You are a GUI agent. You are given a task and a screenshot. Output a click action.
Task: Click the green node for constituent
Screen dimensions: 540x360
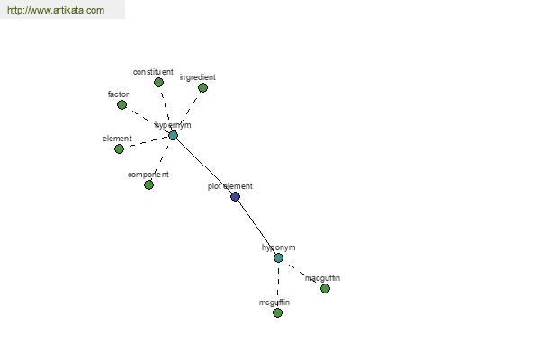(x=158, y=82)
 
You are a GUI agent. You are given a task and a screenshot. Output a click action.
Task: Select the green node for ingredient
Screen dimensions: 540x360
(x=202, y=88)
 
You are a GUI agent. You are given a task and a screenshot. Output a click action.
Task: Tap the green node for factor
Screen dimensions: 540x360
(x=121, y=105)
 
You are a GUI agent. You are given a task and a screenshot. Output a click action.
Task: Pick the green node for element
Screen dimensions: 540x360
(x=119, y=149)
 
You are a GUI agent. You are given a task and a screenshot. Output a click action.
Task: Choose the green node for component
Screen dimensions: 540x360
(x=148, y=185)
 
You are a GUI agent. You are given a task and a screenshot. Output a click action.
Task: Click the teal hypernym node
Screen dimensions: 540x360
(x=173, y=135)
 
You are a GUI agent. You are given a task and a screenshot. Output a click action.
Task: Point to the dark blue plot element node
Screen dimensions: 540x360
(x=235, y=197)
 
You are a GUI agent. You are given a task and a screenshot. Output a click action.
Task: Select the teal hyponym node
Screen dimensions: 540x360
(x=279, y=257)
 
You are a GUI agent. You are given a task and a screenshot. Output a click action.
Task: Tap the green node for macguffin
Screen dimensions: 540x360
(x=325, y=288)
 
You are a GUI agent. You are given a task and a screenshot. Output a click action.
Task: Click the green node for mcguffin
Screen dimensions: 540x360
(x=277, y=313)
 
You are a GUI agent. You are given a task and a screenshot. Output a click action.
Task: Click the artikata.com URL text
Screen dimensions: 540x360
(x=56, y=10)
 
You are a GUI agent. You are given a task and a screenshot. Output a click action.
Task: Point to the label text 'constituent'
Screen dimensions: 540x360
(x=153, y=72)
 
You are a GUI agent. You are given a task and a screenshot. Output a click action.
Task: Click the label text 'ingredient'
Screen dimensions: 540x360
(x=198, y=77)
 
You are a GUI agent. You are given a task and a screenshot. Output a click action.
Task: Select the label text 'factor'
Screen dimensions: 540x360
(x=118, y=94)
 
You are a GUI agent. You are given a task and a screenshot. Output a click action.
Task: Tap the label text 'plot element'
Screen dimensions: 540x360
(x=230, y=186)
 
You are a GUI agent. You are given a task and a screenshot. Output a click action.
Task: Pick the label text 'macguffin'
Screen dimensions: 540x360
(x=322, y=278)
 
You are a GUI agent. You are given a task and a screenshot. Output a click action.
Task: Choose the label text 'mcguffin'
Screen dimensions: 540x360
(x=274, y=302)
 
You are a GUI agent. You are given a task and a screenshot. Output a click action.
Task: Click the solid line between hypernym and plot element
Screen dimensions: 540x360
(x=204, y=166)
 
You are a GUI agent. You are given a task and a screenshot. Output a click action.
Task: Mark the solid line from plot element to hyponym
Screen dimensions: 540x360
(x=256, y=228)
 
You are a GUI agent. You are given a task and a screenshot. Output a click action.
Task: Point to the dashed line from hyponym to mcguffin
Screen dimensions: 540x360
(x=278, y=285)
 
